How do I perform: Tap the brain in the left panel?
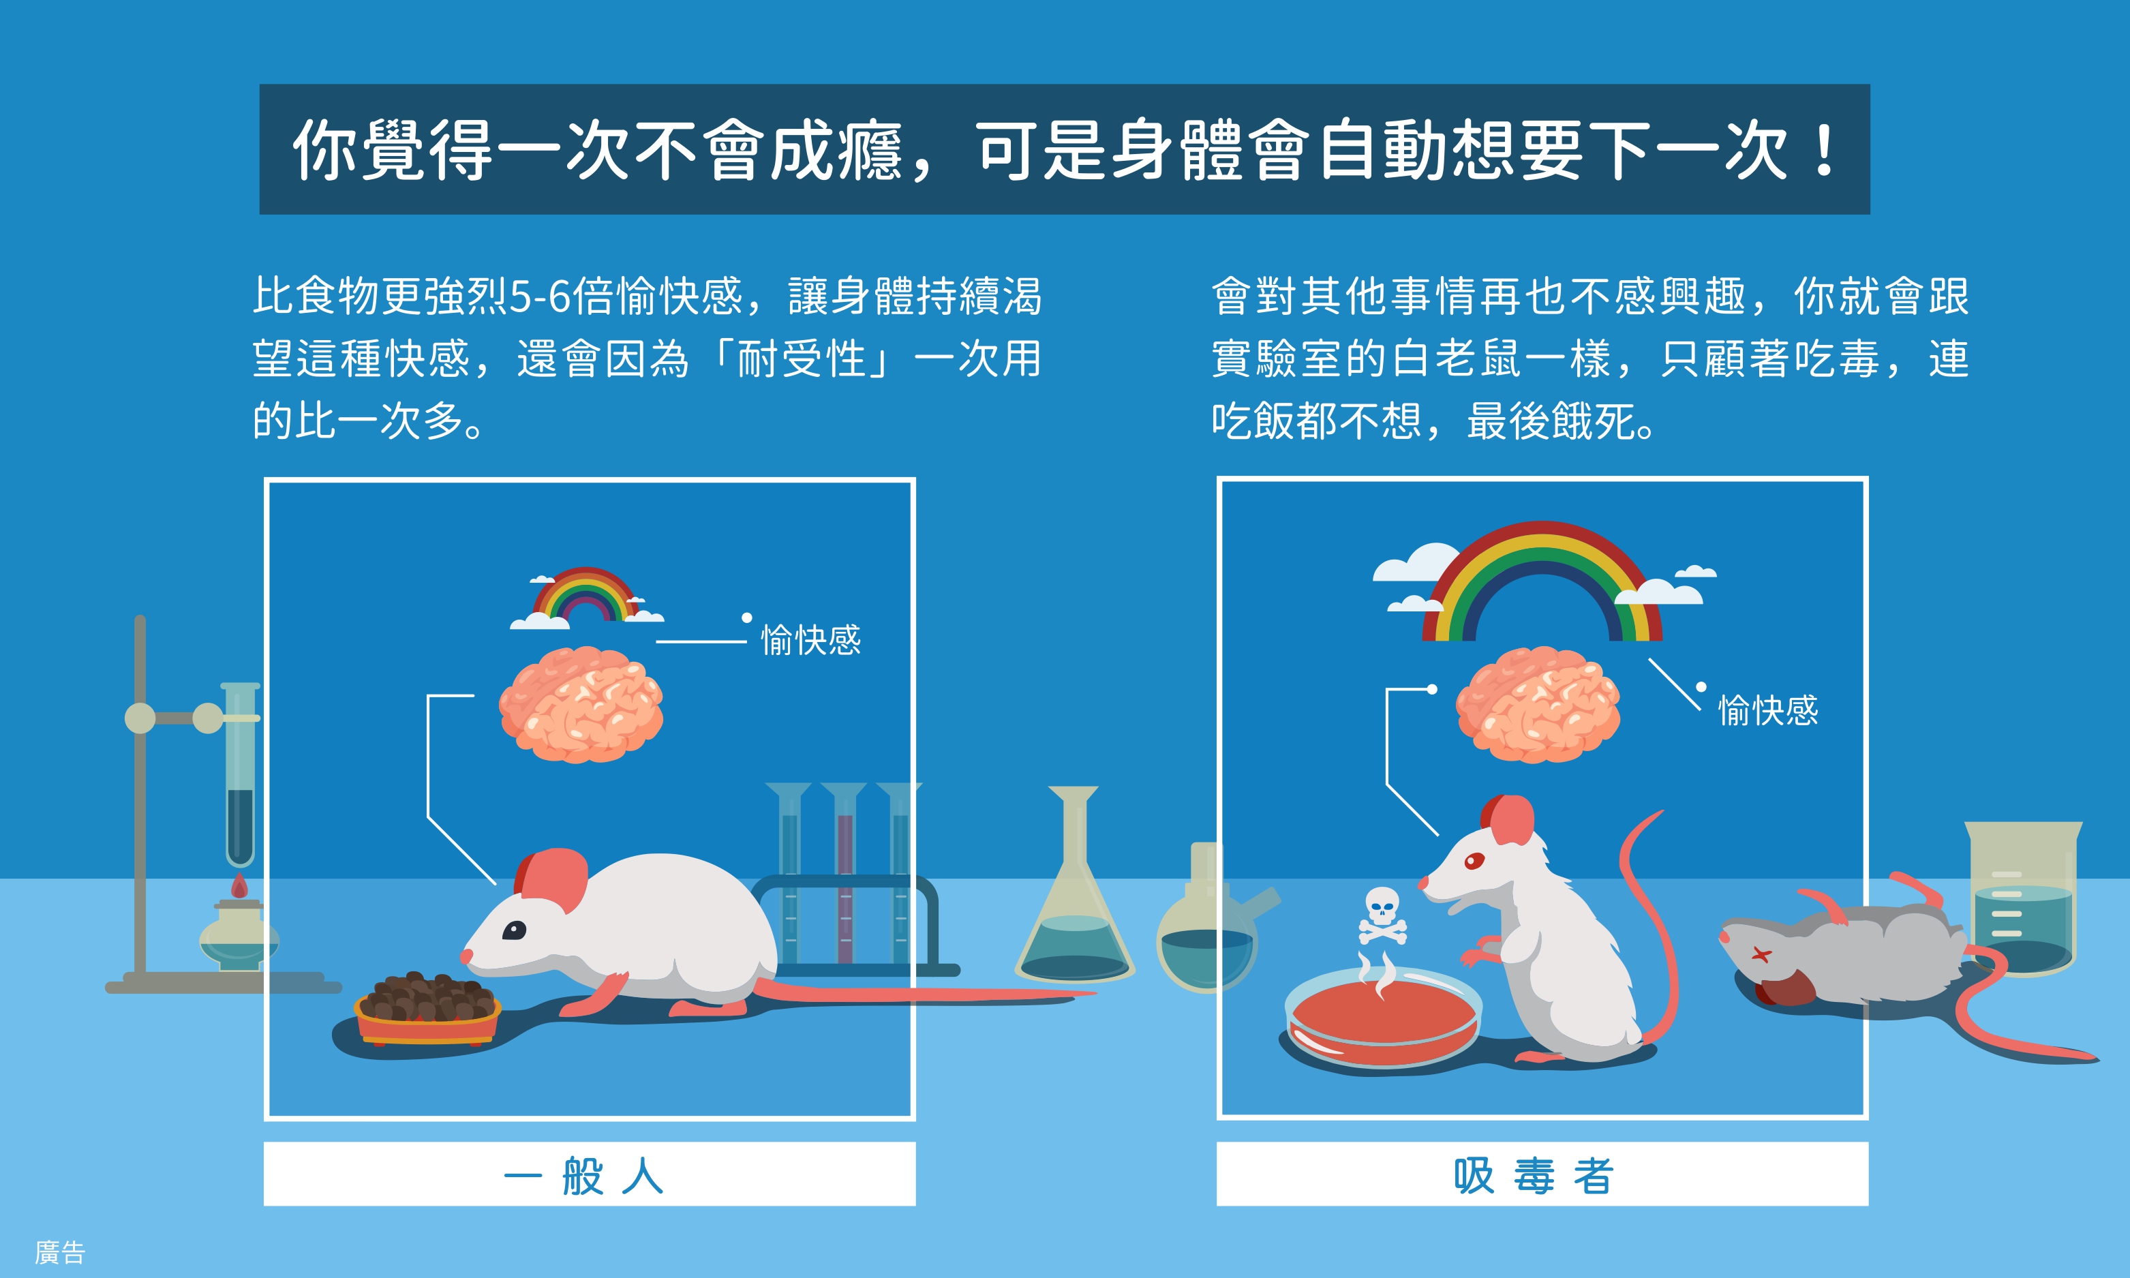pyautogui.click(x=581, y=705)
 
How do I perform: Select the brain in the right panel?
pyautogui.click(x=1538, y=705)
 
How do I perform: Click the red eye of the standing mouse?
pyautogui.click(x=1474, y=860)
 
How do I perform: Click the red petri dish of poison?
pyautogui.click(x=1383, y=1016)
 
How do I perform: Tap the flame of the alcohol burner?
pyautogui.click(x=239, y=886)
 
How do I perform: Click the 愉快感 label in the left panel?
pyautogui.click(x=811, y=640)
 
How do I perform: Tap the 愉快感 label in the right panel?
pyautogui.click(x=1768, y=710)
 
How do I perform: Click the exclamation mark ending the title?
pyautogui.click(x=1823, y=150)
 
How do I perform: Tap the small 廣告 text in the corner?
pyautogui.click(x=60, y=1252)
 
